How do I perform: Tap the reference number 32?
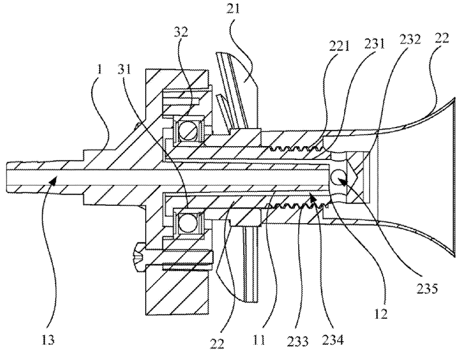point(180,31)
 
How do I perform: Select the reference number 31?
point(124,70)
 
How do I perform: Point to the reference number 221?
point(339,47)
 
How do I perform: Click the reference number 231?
point(374,44)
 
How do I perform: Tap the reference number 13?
point(48,340)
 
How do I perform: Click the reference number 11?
point(259,340)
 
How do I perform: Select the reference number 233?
point(298,341)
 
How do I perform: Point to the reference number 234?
point(333,340)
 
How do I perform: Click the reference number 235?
point(427,289)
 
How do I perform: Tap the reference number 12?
point(381,314)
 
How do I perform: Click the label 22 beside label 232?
point(442,39)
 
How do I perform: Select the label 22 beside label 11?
point(218,344)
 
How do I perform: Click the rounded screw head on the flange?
point(139,257)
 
